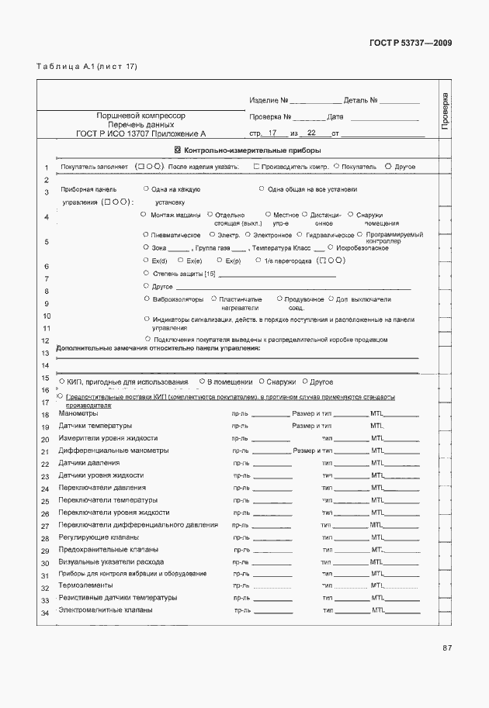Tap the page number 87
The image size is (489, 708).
(447, 648)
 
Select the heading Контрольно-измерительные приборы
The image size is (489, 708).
(252, 150)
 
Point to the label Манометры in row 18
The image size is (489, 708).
(78, 414)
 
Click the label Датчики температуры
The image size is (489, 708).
(95, 426)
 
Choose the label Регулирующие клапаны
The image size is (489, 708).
(99, 537)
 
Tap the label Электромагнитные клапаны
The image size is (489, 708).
(106, 610)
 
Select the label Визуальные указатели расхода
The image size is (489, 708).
(111, 561)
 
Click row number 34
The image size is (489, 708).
(46, 614)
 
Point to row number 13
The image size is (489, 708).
(46, 353)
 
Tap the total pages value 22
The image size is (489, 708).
(311, 133)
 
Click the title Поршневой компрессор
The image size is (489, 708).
(140, 115)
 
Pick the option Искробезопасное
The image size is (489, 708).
(364, 248)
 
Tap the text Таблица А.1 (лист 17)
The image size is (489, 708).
(87, 66)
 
